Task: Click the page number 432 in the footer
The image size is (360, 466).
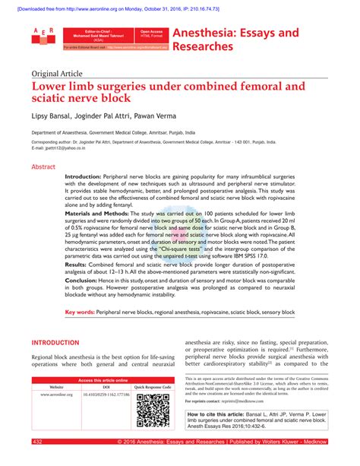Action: point(37,442)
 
